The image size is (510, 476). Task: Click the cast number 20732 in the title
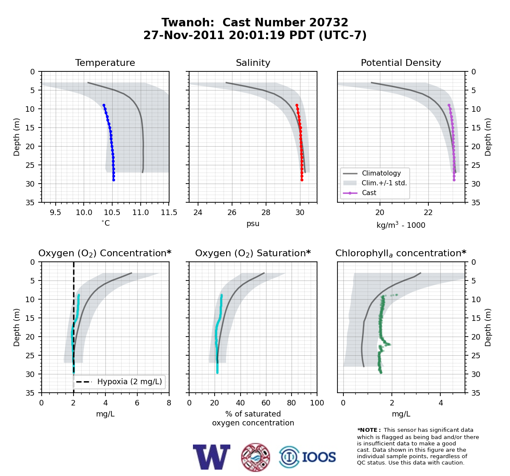[x=329, y=23]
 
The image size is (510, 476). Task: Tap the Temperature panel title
[x=105, y=62]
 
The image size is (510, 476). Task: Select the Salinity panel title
[x=253, y=62]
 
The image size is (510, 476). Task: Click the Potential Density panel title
[x=401, y=62]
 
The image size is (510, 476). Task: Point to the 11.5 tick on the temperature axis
[x=169, y=212]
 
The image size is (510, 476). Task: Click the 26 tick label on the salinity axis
[x=232, y=212]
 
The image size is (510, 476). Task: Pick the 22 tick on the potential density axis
[x=428, y=212]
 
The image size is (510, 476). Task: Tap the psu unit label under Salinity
[x=253, y=224]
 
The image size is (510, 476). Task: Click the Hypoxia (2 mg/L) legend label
[x=130, y=382]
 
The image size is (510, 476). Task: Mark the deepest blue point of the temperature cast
[x=113, y=180]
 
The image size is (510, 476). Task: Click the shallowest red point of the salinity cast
[x=297, y=105]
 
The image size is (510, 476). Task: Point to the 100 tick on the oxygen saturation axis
[x=317, y=403]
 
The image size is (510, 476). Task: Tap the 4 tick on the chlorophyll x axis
[x=441, y=403]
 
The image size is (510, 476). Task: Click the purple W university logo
[x=212, y=457]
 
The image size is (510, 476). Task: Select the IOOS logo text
[x=319, y=457]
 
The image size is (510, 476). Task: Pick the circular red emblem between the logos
[x=255, y=457]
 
